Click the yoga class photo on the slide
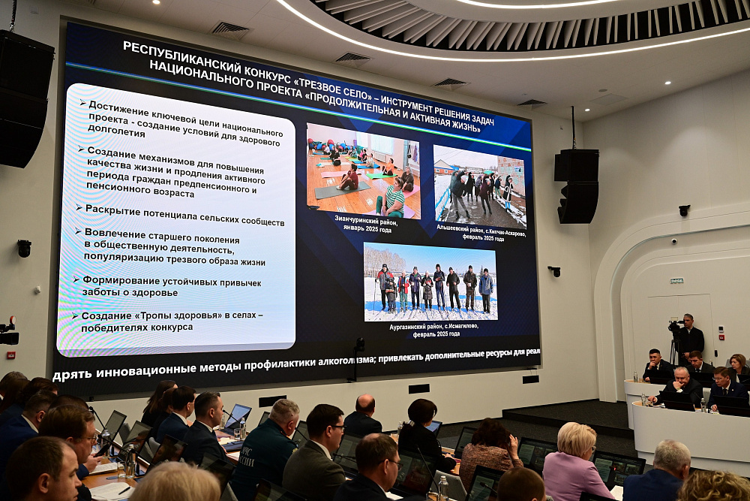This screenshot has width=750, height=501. [x=363, y=171]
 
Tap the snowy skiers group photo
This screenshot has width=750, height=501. [x=430, y=282]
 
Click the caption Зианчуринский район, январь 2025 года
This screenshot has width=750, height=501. [x=364, y=223]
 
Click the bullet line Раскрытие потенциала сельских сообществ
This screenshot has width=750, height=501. [x=184, y=216]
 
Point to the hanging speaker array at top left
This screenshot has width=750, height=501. [x=25, y=98]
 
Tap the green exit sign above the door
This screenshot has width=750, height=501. [x=676, y=280]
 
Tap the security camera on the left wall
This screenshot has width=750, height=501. [x=24, y=248]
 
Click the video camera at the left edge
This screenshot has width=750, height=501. [x=7, y=332]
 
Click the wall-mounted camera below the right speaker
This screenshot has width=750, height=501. [x=554, y=270]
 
